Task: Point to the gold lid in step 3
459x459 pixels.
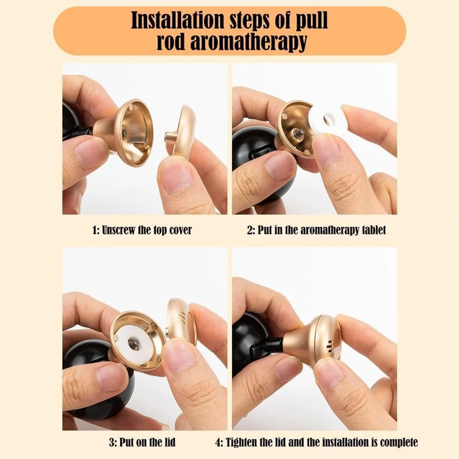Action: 180,321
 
